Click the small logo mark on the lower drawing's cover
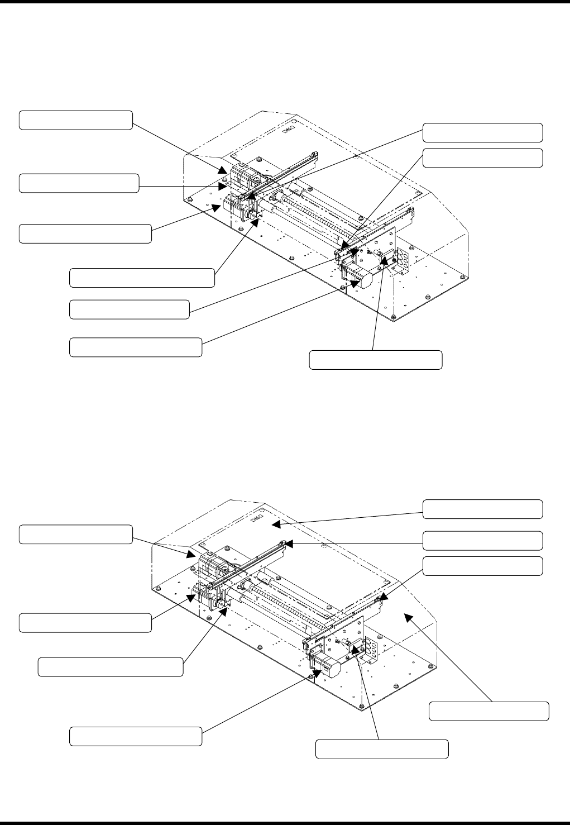257,518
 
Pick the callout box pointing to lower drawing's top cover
482,509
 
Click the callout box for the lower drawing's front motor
135,736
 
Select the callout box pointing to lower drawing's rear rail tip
482,540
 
